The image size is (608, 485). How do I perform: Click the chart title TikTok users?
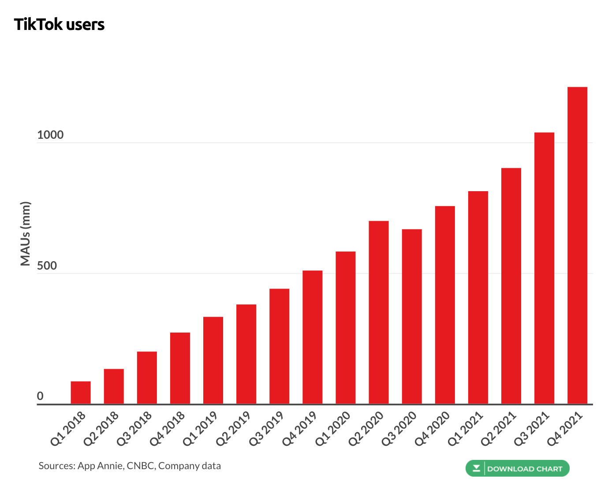click(x=59, y=25)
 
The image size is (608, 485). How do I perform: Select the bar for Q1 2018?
click(x=81, y=392)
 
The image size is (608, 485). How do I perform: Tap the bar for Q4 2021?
click(x=577, y=245)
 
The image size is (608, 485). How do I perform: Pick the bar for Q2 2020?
click(x=379, y=312)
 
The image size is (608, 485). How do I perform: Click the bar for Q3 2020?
click(x=412, y=316)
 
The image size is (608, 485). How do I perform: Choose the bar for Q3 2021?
click(x=544, y=268)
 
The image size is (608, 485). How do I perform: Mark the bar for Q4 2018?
click(x=180, y=368)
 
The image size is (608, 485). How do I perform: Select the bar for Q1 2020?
click(x=346, y=328)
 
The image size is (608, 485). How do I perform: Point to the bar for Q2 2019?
click(x=246, y=354)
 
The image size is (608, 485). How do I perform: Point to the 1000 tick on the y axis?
click(x=50, y=135)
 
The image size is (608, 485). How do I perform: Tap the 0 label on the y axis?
click(x=40, y=396)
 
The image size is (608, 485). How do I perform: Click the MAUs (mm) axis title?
click(x=26, y=233)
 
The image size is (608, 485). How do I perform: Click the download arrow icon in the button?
click(x=476, y=468)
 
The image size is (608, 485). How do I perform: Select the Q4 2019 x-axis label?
click(x=300, y=428)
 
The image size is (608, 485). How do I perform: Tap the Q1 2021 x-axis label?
click(x=466, y=428)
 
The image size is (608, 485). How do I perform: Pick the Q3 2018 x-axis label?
click(x=134, y=428)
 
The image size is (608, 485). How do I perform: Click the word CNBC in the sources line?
click(x=141, y=466)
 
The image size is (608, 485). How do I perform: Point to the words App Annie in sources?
click(x=100, y=466)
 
